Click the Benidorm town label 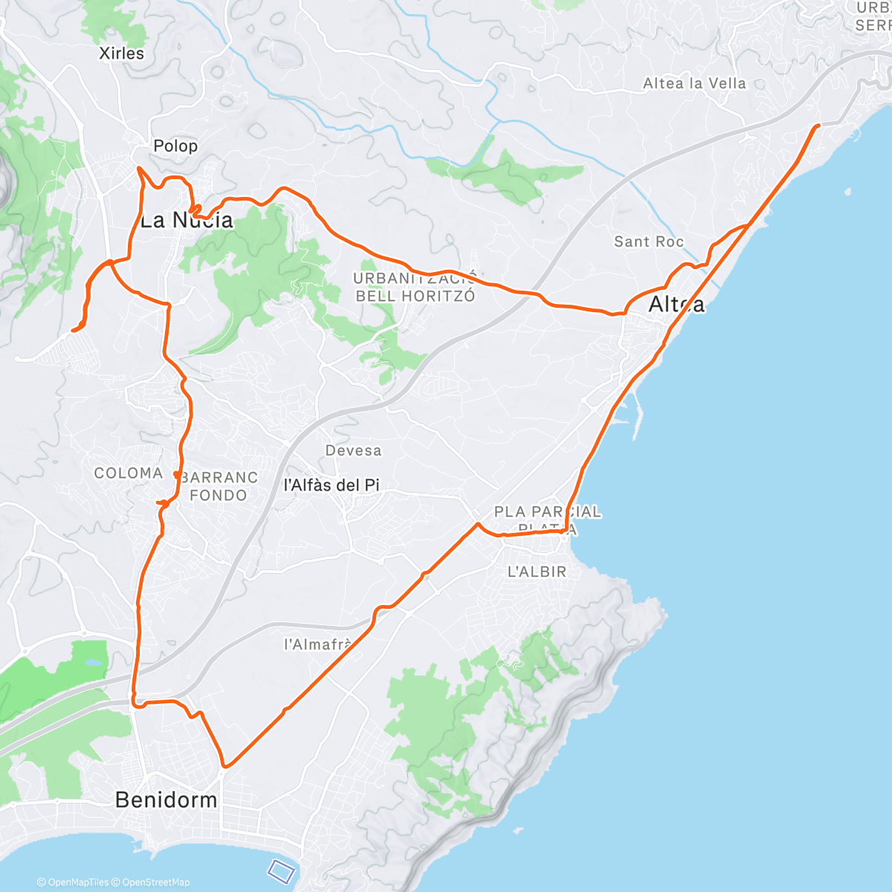click(166, 800)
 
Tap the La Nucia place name click(187, 220)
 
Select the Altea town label click(676, 304)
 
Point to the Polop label click(175, 146)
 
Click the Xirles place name click(122, 54)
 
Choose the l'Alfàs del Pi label click(332, 485)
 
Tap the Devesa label click(353, 450)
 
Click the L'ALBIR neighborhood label click(537, 572)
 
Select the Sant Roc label click(649, 242)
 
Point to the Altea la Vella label click(694, 84)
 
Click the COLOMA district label click(129, 474)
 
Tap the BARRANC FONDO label click(219, 486)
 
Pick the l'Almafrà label click(317, 644)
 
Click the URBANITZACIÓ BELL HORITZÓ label click(415, 287)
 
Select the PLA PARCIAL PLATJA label click(548, 520)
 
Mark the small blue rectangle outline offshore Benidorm click(282, 868)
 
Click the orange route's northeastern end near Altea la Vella click(818, 126)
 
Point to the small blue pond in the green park click(94, 661)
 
